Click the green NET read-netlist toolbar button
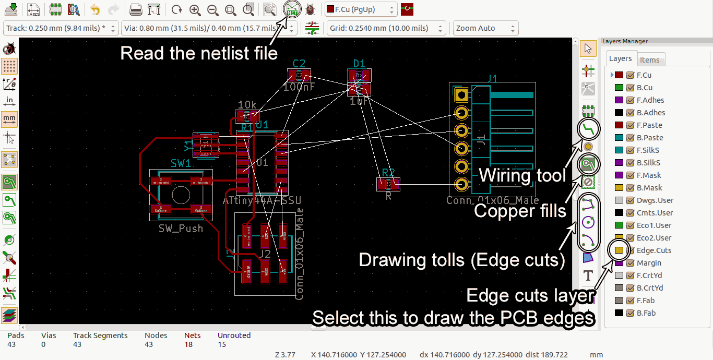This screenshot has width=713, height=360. [x=292, y=9]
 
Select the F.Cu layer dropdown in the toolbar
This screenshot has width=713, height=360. [x=360, y=9]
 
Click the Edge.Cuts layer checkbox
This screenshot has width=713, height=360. [x=630, y=250]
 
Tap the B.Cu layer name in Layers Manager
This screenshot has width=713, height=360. [x=644, y=88]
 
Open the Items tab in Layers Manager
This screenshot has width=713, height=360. [x=649, y=60]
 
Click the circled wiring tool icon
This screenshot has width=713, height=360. [x=588, y=129]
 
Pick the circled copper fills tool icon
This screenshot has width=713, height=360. [x=588, y=165]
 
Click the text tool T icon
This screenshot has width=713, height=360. [x=588, y=275]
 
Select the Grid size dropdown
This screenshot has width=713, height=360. [x=386, y=28]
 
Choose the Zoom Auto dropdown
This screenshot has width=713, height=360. [x=485, y=28]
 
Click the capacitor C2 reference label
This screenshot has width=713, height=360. [x=299, y=64]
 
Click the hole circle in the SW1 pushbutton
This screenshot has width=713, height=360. [x=181, y=195]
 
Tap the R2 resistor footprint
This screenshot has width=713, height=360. [x=388, y=184]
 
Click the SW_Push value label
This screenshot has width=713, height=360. [x=181, y=229]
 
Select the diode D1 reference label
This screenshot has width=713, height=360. [x=359, y=64]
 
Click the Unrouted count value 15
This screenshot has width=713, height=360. [x=222, y=344]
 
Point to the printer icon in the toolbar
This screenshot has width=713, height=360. [x=136, y=9]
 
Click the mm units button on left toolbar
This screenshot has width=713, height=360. [x=9, y=119]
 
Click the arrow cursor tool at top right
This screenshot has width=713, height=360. [x=588, y=49]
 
